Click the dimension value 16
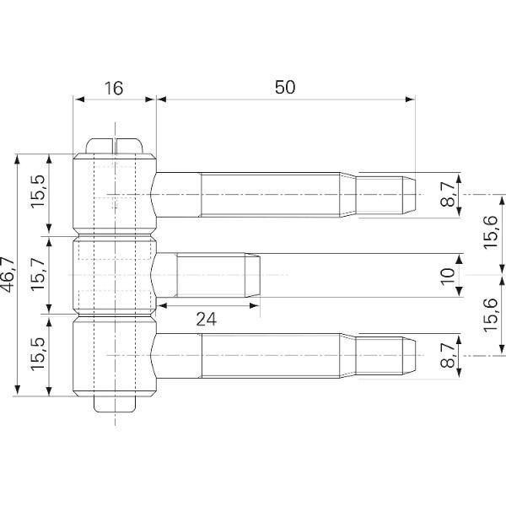coord(114,88)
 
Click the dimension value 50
coord(285,87)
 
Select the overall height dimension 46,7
coord(8,275)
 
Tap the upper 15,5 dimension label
coord(38,191)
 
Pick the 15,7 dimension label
coord(38,273)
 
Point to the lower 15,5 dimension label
coord(38,354)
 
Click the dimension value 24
coord(207,320)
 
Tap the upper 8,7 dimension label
coord(448,194)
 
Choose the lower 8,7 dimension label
coord(448,356)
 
